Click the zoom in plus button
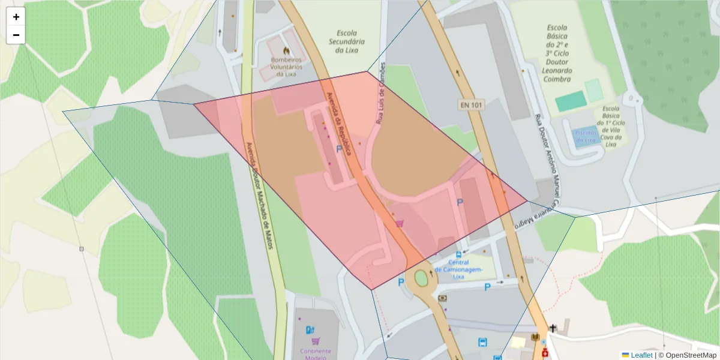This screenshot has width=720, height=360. pyautogui.click(x=16, y=17)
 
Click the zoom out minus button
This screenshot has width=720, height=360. pyautogui.click(x=16, y=35)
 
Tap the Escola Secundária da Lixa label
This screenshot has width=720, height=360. pyautogui.click(x=347, y=41)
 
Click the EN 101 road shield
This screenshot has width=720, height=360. pyautogui.click(x=471, y=104)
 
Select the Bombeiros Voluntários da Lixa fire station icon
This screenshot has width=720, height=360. pyautogui.click(x=286, y=51)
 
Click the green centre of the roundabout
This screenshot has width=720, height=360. pyautogui.click(x=421, y=278)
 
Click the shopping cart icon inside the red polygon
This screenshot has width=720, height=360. pyautogui.click(x=399, y=223)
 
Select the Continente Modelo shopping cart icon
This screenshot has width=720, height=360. pyautogui.click(x=316, y=341)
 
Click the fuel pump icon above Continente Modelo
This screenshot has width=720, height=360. pyautogui.click(x=310, y=329)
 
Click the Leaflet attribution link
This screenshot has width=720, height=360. pyautogui.click(x=641, y=355)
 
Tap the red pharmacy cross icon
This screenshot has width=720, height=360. pyautogui.click(x=545, y=353)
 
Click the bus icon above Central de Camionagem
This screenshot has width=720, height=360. pyautogui.click(x=459, y=254)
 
